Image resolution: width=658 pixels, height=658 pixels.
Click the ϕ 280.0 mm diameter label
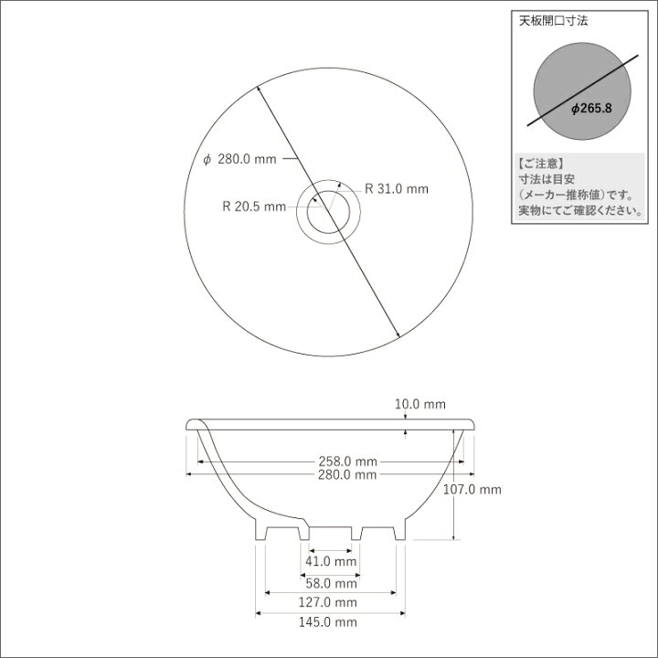(x=239, y=159)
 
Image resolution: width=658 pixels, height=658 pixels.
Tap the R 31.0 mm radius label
(x=397, y=189)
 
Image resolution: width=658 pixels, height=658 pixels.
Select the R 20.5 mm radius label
(x=254, y=207)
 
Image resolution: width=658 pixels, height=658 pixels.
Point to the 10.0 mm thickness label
(x=420, y=404)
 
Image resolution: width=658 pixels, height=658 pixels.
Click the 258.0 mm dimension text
(x=348, y=462)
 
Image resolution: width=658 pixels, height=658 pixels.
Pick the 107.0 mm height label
(x=472, y=489)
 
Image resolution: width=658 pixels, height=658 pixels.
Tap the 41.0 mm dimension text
(x=331, y=561)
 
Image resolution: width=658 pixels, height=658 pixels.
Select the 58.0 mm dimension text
(x=331, y=583)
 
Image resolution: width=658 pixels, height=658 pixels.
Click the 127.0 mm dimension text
(x=328, y=602)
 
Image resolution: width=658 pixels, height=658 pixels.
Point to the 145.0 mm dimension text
(x=328, y=622)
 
